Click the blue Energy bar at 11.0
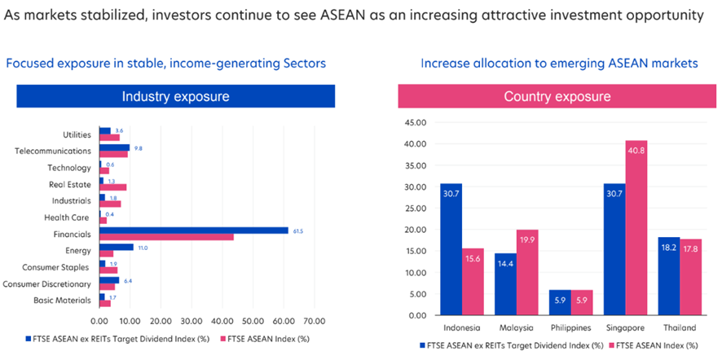click(116, 247)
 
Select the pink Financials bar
click(166, 236)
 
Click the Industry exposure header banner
click(175, 96)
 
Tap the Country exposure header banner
click(557, 96)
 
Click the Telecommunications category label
click(53, 151)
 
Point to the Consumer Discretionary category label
click(47, 283)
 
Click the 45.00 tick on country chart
click(415, 123)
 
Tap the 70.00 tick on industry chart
click(314, 320)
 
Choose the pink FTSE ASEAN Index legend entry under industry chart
click(266, 338)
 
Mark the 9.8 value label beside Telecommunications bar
click(138, 147)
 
